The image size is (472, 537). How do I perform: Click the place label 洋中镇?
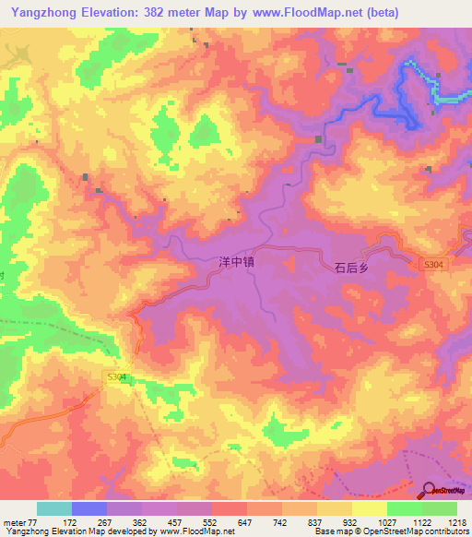point(234,263)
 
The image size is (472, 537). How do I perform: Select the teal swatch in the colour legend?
point(53,508)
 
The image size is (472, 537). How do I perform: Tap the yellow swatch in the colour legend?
point(369,508)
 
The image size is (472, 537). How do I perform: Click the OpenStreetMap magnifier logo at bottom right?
point(429,491)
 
